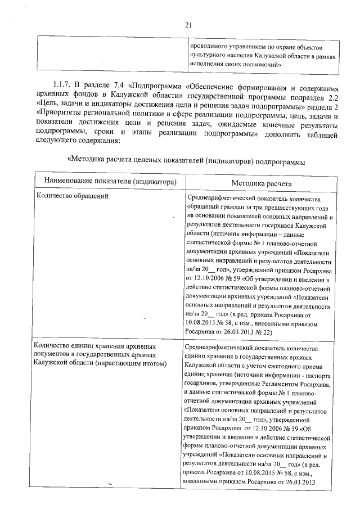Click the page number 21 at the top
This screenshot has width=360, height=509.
click(x=188, y=24)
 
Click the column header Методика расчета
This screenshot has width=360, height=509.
click(x=262, y=183)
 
